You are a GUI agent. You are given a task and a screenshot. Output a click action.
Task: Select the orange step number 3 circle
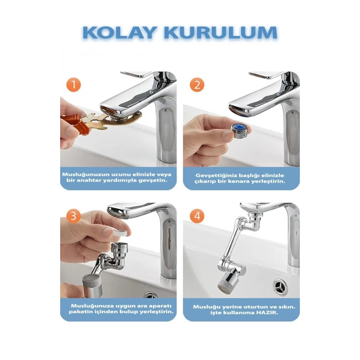74,216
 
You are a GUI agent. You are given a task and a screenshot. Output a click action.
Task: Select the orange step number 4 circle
196,216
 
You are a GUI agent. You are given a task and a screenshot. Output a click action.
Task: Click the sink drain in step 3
151,295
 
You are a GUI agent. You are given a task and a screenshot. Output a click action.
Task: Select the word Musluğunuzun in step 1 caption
85,175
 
